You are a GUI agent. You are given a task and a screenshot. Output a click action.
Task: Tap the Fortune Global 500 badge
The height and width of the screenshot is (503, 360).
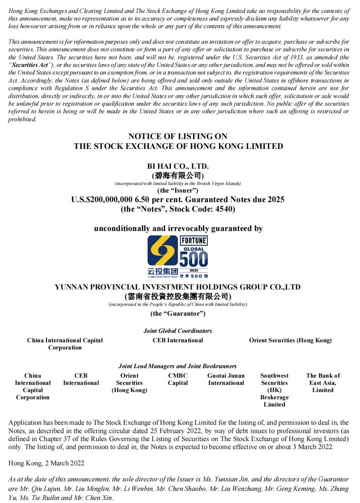194,256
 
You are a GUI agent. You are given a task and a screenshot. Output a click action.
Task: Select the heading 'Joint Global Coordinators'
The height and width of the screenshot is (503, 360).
178,331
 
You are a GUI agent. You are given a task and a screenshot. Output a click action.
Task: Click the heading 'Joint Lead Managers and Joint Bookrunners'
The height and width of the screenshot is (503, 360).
177,366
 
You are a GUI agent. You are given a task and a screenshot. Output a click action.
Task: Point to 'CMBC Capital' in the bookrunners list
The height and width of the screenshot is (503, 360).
178,379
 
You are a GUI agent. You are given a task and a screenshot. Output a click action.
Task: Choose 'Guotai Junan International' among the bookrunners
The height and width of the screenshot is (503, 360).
226,379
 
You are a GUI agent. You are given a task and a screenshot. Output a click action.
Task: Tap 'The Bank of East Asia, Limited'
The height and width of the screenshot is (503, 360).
323,383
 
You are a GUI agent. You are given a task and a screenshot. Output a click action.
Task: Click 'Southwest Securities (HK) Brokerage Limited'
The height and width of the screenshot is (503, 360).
274,390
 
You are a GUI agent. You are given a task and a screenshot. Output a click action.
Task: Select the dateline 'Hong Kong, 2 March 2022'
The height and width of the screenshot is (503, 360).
46,463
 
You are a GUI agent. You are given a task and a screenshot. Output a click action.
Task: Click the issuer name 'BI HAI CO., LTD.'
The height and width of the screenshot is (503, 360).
178,166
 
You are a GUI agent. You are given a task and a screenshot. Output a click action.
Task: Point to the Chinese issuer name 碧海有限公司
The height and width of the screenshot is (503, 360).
178,176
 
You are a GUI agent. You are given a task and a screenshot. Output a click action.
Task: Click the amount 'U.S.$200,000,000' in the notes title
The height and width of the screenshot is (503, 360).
102,199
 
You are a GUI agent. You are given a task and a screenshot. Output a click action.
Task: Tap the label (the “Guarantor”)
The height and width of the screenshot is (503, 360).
178,313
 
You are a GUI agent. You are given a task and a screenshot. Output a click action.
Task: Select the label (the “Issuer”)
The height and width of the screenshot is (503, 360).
178,190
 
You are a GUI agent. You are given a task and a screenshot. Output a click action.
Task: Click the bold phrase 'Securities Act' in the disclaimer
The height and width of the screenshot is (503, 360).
30,65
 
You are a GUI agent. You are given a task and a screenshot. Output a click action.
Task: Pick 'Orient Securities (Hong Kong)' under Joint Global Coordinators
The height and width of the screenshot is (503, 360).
290,340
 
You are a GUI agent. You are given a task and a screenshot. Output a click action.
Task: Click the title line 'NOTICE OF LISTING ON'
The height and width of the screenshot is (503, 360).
178,136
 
